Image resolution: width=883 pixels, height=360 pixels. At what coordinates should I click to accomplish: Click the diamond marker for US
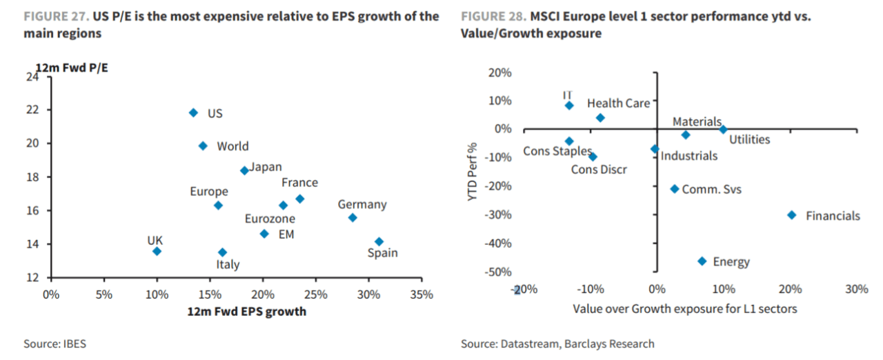pos(193,112)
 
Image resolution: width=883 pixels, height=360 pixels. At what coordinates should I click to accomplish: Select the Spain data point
pos(379,241)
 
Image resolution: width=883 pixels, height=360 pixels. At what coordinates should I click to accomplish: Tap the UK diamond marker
pos(157,251)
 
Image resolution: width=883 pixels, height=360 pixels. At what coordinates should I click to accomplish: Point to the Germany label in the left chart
pos(362,205)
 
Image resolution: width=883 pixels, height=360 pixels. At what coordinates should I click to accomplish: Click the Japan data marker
pos(244,170)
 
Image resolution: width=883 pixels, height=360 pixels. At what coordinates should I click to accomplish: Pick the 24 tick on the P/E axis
pos(32,77)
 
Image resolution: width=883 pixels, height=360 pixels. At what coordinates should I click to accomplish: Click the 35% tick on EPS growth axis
pos(421,295)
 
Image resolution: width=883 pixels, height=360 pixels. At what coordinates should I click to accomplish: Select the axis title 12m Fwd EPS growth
pos(246,312)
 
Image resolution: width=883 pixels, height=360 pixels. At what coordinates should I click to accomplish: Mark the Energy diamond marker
pos(702,261)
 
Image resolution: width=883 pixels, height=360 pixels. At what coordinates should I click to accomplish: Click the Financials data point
pos(792,215)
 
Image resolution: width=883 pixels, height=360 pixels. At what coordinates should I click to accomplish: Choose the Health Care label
pos(618,103)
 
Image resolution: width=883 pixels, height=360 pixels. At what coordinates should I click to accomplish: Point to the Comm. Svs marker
pos(675,189)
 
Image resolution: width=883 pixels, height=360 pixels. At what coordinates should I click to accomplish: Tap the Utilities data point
pos(723,129)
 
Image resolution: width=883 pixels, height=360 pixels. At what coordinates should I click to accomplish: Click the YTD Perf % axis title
pos(473,172)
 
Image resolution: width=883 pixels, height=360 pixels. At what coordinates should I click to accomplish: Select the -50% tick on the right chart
pos(499,272)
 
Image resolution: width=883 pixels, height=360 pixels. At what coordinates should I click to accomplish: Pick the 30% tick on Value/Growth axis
pos(856,289)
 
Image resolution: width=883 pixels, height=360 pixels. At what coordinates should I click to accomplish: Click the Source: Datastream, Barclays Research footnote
pos(557,343)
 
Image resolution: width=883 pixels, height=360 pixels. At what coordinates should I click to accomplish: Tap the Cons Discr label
pos(599,169)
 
